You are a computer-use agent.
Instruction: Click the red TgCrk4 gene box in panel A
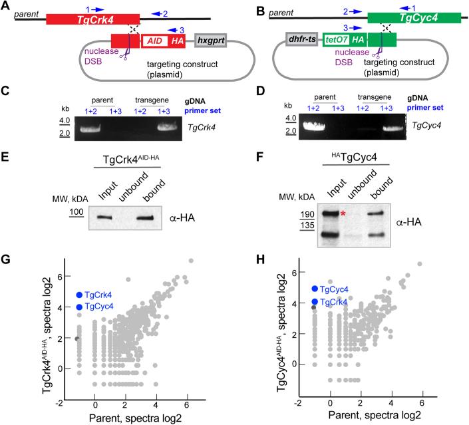[92, 18]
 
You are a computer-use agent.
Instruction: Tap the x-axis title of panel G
[130, 418]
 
